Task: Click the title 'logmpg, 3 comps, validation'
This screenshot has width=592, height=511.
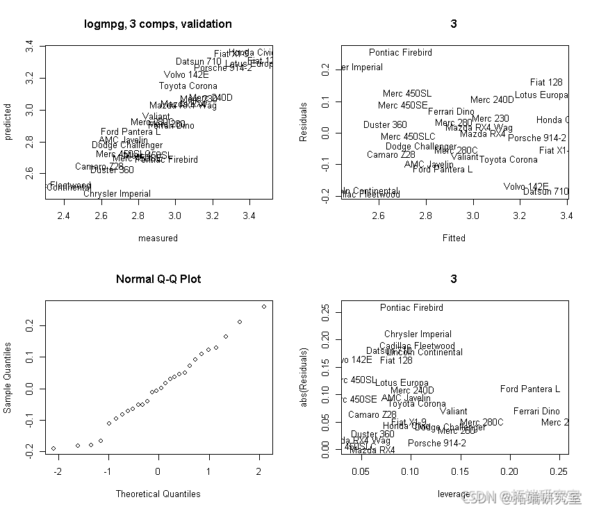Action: (158, 24)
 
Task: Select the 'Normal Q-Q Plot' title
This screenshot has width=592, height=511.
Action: (158, 279)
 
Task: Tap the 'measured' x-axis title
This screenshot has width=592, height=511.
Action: (158, 238)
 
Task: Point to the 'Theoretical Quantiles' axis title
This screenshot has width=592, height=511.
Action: (158, 494)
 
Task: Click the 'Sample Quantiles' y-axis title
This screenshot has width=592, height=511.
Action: (8, 378)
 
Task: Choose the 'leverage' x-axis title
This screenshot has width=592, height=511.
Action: (453, 494)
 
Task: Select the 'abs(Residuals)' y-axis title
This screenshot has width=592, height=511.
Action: (304, 378)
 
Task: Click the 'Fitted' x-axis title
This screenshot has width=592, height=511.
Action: (454, 238)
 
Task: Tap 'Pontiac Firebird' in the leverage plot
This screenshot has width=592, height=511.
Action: (411, 307)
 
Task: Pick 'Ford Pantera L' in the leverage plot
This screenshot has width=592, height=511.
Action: (529, 389)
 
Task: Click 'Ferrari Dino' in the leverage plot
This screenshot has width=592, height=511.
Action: (536, 412)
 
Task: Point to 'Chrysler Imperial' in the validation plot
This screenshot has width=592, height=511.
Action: (117, 194)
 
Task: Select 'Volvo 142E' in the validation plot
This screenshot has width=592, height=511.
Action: (186, 75)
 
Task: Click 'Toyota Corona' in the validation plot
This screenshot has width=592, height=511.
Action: (188, 86)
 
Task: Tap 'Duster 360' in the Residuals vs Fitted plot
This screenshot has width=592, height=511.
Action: (385, 125)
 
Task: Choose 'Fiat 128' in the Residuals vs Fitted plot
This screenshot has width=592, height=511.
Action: (546, 82)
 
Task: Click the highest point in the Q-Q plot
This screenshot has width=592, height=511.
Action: (264, 306)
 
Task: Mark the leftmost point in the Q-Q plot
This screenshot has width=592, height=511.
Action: (54, 448)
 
